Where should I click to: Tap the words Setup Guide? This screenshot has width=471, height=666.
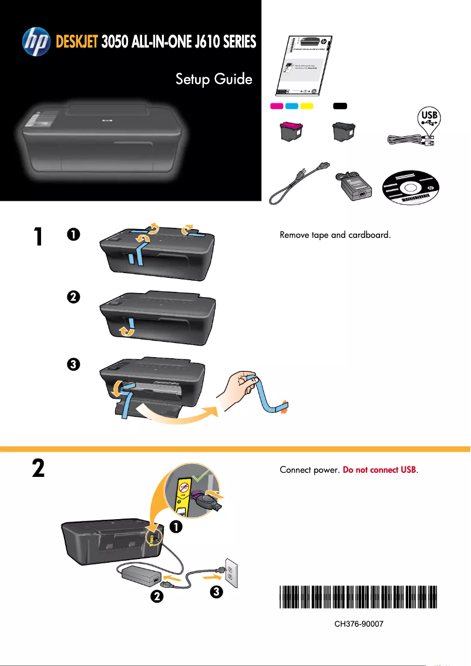(x=214, y=79)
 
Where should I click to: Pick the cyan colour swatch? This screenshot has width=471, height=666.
(x=292, y=106)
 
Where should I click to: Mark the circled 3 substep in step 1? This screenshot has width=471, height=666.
(x=73, y=364)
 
